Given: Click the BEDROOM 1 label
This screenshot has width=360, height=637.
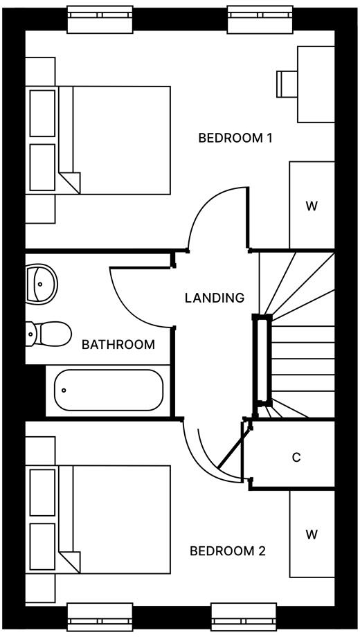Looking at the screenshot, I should point(235,138).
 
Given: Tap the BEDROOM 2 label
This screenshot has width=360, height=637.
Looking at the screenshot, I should point(228,551).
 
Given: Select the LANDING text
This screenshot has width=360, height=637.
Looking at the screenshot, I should point(215,298).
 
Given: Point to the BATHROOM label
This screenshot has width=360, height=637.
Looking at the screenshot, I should point(118,344).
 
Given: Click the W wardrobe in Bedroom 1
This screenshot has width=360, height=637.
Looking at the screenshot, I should point(312,206).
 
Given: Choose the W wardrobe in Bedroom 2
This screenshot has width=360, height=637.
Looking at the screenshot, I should point(312,534).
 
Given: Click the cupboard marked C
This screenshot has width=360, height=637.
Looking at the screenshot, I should point(296,457).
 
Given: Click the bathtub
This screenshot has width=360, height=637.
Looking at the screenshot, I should point(109,390).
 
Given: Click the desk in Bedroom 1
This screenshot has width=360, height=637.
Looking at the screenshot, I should point(316,84).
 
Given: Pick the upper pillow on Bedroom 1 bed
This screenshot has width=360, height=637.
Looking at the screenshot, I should point(42,113).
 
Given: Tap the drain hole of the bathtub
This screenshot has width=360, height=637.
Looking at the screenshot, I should point(64,390).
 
